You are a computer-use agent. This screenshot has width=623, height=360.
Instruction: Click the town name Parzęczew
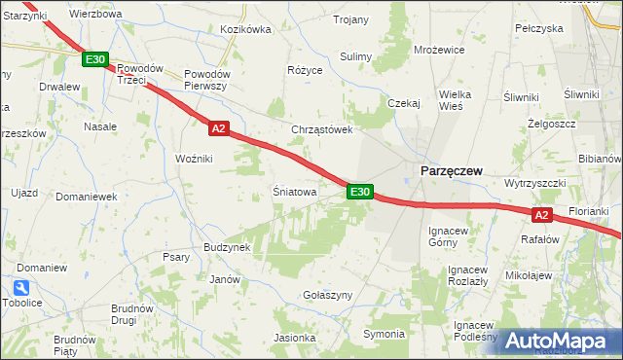pos(451,170)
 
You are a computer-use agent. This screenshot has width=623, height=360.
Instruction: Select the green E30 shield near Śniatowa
pos(359,193)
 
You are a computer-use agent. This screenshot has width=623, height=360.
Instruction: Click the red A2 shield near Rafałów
pos(543,215)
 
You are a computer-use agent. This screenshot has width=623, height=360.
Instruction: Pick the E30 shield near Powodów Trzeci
pos(94,60)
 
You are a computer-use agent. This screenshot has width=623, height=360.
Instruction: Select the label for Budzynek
pos(227,247)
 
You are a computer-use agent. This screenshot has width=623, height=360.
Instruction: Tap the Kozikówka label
pos(245,30)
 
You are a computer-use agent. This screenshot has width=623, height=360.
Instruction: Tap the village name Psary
pos(176,258)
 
